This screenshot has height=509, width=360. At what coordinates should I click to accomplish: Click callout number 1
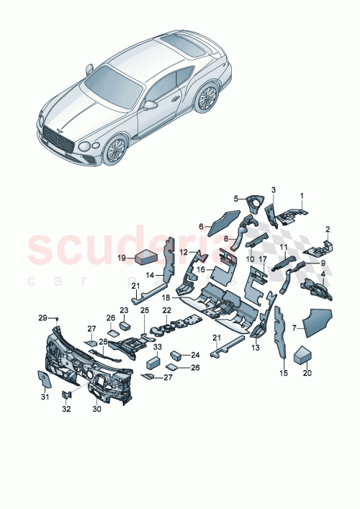(302, 194)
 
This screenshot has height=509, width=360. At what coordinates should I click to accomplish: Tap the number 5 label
(235, 198)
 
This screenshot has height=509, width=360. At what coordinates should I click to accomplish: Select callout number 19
(122, 257)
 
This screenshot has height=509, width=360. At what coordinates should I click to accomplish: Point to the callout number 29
(42, 317)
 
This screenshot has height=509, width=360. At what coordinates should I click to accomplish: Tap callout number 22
(166, 310)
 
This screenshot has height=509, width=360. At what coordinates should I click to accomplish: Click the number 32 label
(67, 409)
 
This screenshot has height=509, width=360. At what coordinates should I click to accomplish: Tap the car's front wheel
(114, 150)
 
